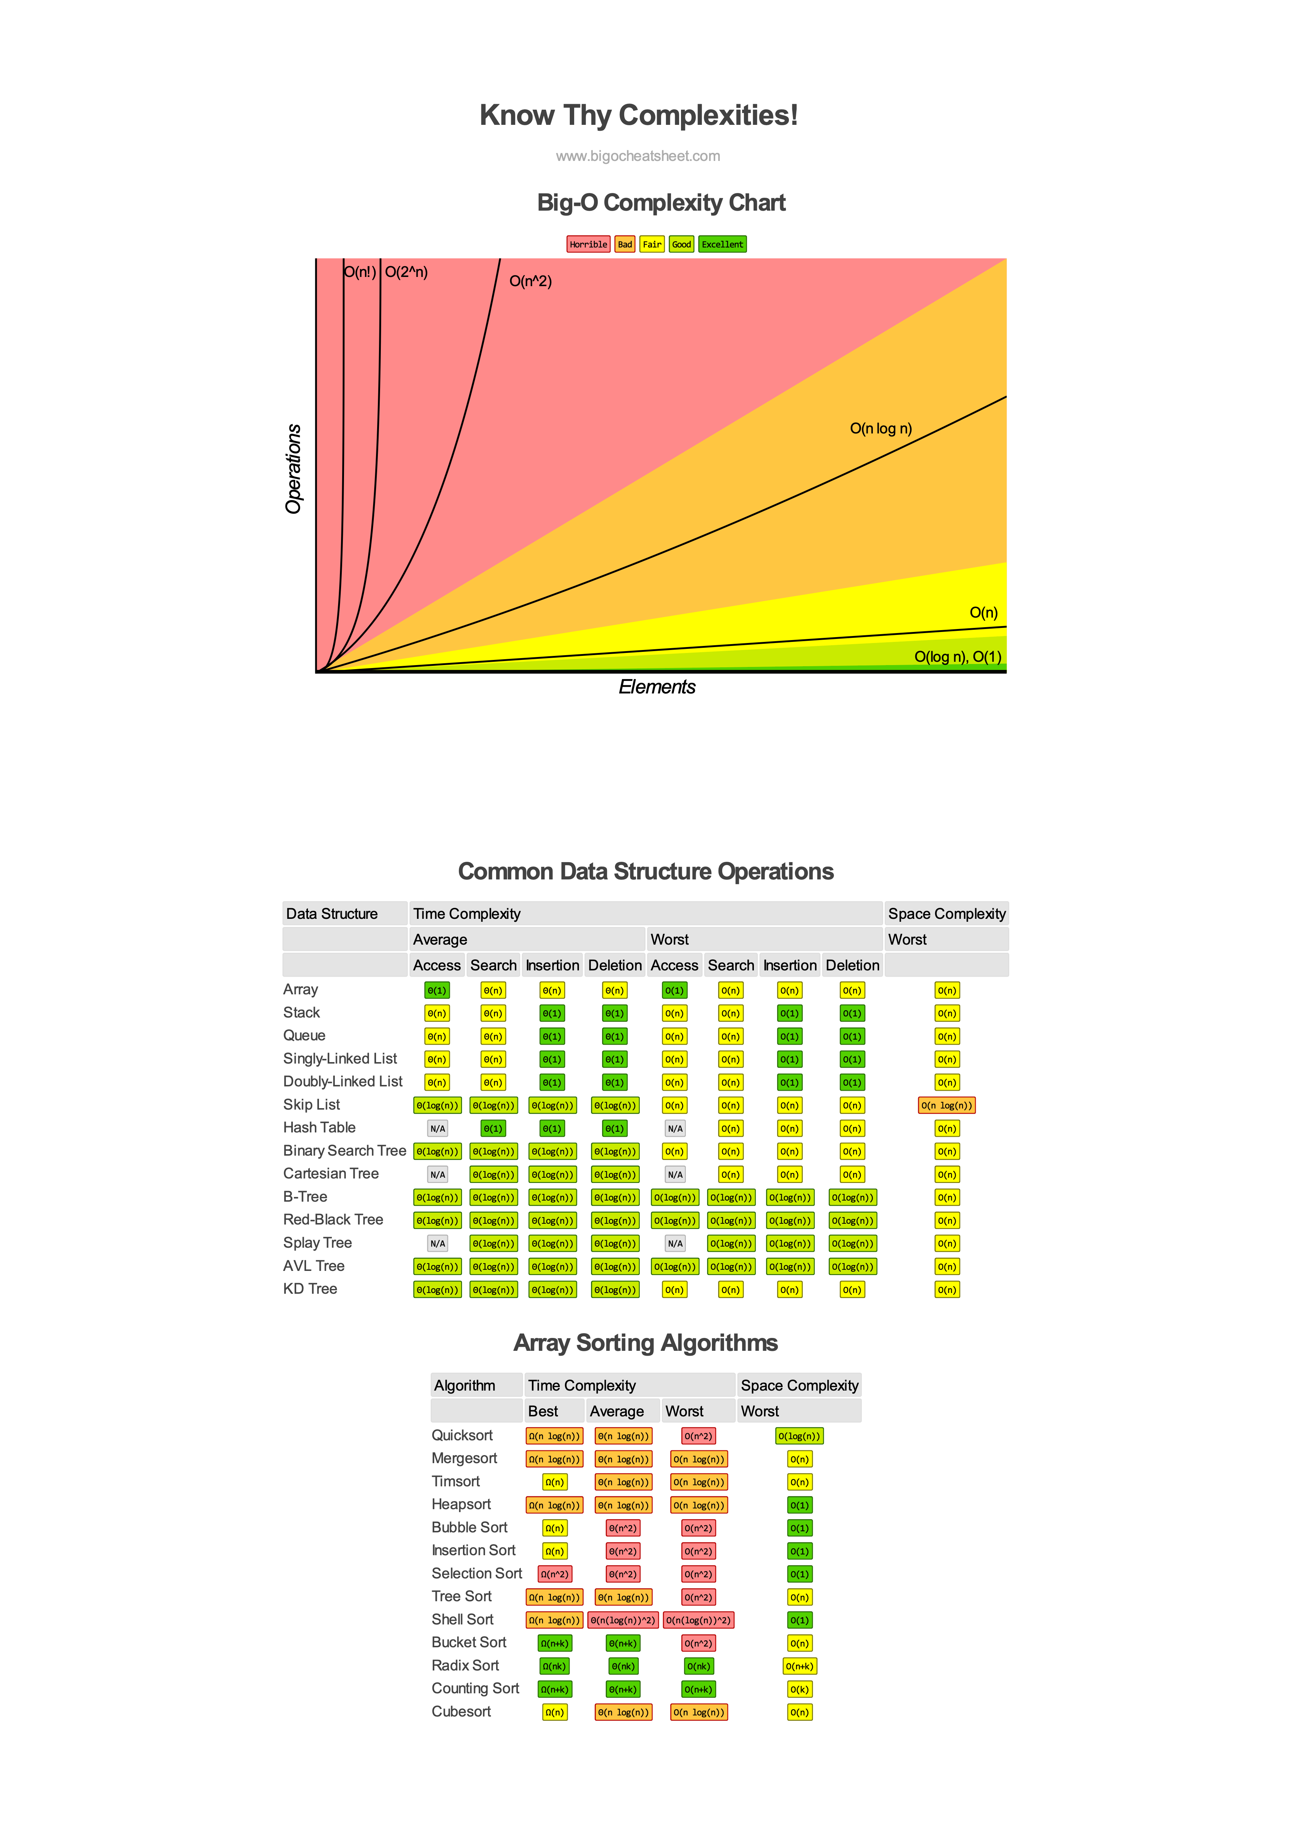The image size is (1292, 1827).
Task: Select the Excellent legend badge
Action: pos(722,244)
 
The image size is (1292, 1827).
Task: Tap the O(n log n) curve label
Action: pos(881,429)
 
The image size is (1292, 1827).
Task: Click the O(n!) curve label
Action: pos(359,272)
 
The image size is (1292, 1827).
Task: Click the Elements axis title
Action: pos(657,687)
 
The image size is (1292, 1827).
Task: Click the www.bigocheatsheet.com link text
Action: pos(638,156)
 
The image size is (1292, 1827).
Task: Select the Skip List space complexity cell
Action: pos(947,1105)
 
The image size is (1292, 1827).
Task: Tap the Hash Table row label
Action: pos(319,1128)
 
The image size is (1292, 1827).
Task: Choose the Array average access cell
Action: pos(437,991)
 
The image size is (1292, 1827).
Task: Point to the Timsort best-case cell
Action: pos(555,1482)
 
